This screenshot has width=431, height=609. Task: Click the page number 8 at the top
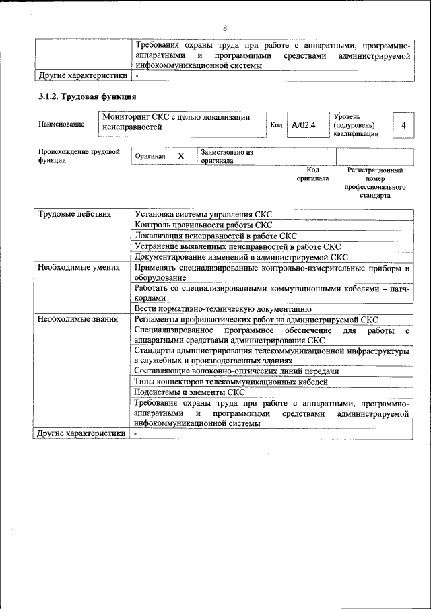click(225, 28)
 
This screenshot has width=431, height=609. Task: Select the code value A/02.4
click(304, 125)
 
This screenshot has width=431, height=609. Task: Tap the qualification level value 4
click(403, 125)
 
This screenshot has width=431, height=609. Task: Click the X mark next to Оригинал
click(180, 156)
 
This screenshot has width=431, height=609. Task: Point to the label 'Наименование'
click(61, 124)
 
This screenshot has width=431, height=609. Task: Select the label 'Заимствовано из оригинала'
click(226, 157)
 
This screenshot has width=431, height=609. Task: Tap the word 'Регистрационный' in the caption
click(375, 170)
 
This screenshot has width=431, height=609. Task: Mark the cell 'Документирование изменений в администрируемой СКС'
click(241, 257)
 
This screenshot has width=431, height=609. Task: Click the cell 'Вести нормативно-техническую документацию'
click(222, 309)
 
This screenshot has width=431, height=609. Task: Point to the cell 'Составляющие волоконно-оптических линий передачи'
click(236, 371)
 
